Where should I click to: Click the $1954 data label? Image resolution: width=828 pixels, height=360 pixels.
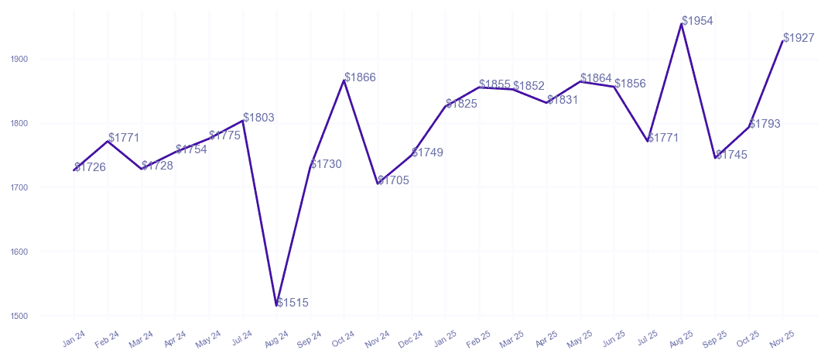point(697,21)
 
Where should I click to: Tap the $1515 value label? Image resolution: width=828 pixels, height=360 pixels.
point(293,303)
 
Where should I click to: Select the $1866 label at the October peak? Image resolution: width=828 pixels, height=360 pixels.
point(360,77)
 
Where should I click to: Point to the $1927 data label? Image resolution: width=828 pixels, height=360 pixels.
point(799,38)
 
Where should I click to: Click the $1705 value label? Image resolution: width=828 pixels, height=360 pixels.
point(394,180)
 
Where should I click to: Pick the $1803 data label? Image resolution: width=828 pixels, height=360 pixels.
point(258,118)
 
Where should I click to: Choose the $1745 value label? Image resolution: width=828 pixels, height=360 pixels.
point(731,155)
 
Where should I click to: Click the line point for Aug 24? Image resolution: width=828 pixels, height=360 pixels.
point(276,306)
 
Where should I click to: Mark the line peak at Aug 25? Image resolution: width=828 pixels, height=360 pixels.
point(682,24)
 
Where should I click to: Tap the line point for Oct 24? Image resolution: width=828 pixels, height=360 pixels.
point(344,81)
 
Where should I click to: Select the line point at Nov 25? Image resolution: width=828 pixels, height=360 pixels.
point(783,41)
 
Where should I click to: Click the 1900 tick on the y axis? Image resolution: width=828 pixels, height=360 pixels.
point(19,59)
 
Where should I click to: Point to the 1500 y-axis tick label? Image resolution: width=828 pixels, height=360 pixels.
point(19,316)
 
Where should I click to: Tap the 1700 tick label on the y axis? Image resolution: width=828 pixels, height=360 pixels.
point(19,187)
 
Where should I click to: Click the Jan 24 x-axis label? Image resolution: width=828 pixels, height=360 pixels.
point(74,338)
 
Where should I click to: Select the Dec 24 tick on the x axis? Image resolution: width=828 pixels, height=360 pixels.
point(412,338)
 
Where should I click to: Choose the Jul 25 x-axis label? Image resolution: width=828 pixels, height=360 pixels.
point(648,338)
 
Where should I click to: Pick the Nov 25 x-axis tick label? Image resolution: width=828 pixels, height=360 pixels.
point(782,338)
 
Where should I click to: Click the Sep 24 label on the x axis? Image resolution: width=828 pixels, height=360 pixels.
point(310,338)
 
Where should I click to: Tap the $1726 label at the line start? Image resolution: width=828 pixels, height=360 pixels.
point(90,167)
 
